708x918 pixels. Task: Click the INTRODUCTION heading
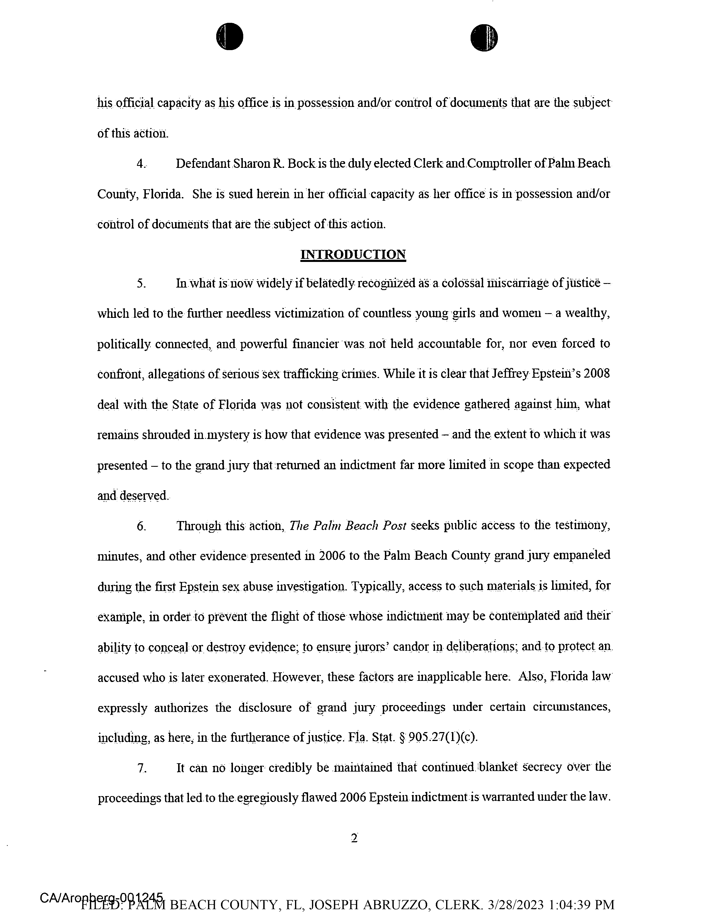click(353, 255)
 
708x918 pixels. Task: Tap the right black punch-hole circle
click(484, 38)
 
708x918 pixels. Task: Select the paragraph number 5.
click(141, 284)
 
